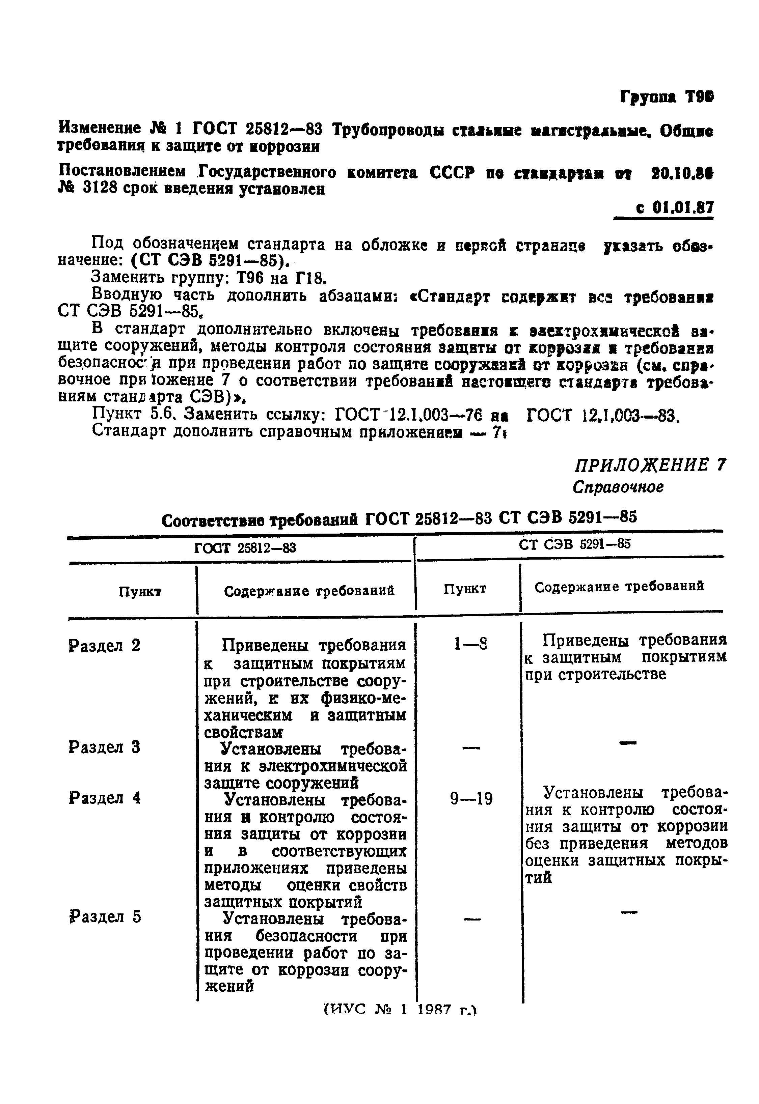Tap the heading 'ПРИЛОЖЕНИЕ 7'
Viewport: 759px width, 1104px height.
650,464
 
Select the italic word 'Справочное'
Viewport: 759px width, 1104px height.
618,487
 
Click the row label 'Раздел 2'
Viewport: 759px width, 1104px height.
105,645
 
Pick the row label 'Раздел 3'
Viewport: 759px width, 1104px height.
105,747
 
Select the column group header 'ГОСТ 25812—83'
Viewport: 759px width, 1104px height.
245,548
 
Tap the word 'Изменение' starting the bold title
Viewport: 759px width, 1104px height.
100,128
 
